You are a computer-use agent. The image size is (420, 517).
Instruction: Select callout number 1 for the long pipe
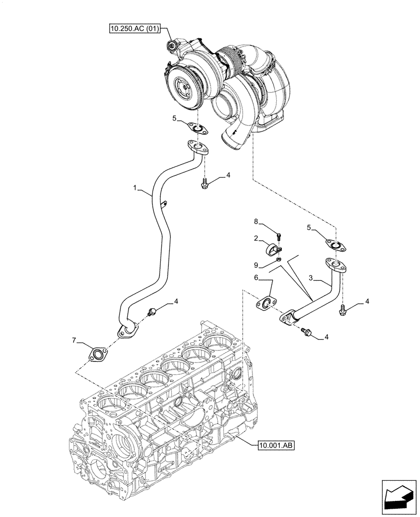click(x=134, y=190)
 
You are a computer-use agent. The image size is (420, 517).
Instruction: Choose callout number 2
click(x=256, y=238)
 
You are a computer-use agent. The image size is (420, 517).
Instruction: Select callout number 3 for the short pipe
click(x=311, y=278)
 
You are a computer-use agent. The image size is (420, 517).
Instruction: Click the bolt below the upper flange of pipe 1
click(x=204, y=182)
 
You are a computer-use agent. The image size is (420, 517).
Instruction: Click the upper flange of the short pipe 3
click(x=336, y=266)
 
